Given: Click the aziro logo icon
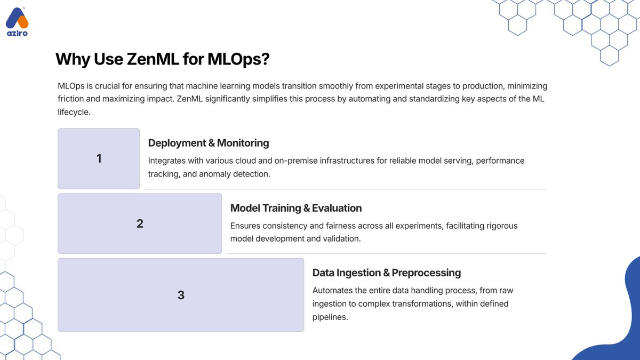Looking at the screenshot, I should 17,19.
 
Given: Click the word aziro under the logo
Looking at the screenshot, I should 17,33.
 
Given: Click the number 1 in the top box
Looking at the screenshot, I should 99,158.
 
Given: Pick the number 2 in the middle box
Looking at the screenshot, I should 140,223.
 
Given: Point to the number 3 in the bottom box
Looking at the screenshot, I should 181,295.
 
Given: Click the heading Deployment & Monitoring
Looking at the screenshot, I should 209,143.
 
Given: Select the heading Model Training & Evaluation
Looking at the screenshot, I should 296,208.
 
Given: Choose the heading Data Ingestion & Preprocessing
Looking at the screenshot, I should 386,273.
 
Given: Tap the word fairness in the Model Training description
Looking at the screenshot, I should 330,226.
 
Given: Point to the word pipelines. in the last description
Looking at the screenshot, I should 330,317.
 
